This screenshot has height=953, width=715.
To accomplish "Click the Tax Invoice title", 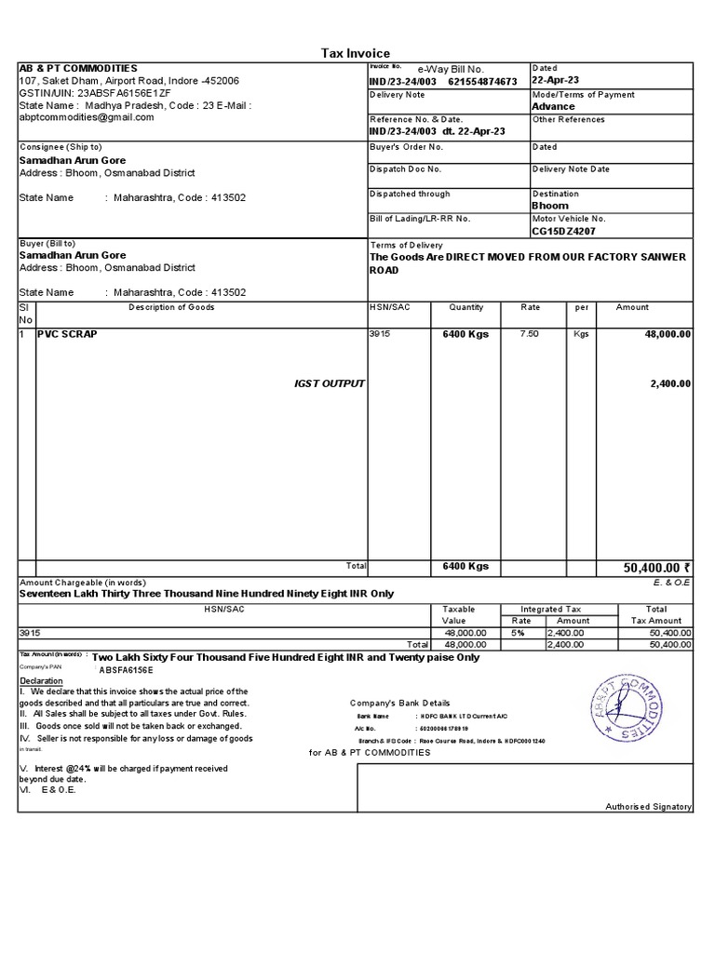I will (x=356, y=53).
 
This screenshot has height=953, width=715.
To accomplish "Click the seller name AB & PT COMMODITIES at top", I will (x=78, y=69).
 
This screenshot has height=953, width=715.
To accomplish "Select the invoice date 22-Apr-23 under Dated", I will (x=555, y=81).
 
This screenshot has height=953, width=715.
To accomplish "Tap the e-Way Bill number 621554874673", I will (x=482, y=82).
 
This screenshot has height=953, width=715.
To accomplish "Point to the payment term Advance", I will (x=553, y=106).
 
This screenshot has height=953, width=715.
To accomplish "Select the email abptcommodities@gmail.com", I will (x=87, y=117).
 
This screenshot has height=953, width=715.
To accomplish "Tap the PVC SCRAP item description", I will (x=67, y=333).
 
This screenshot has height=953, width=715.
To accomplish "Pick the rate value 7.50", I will (x=529, y=333).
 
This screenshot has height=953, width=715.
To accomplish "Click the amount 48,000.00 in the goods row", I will (x=665, y=333).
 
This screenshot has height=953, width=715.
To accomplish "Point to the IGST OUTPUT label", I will (x=330, y=383).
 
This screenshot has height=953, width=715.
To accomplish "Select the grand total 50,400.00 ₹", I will (x=656, y=567).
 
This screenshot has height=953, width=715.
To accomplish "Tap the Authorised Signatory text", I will (x=648, y=806).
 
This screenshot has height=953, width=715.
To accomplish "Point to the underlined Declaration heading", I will (x=43, y=680).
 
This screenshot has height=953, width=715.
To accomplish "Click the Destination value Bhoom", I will (x=549, y=206).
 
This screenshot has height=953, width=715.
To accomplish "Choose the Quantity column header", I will (x=465, y=307).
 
